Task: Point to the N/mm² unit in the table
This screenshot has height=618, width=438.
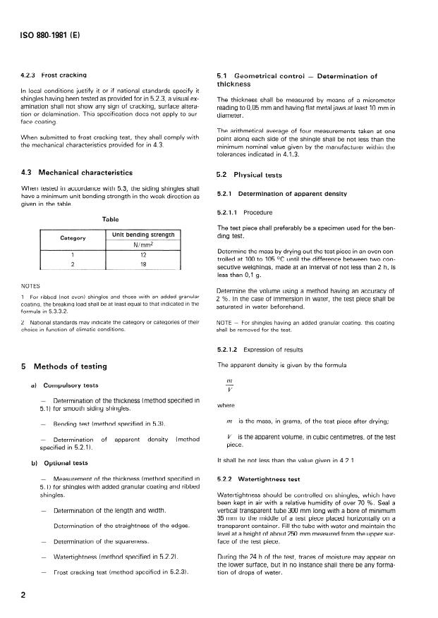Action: coord(142,245)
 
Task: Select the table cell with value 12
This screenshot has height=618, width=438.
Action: coord(142,254)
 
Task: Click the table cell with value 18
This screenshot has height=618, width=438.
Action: coord(142,264)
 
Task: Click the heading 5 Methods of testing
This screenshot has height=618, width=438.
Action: coord(64,366)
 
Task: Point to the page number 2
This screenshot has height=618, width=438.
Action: coord(25,595)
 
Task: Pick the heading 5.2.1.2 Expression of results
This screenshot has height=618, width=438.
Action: coord(265,350)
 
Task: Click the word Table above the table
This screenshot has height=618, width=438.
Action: coord(111,219)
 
